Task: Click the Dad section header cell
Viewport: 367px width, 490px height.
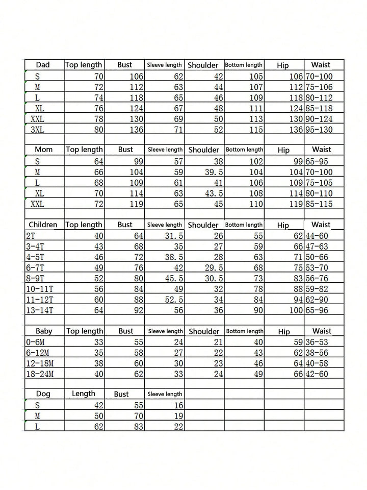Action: (43, 65)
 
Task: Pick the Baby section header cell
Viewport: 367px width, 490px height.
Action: (43, 331)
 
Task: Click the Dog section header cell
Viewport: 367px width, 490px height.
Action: (43, 394)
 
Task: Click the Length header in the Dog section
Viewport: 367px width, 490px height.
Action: (84, 394)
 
